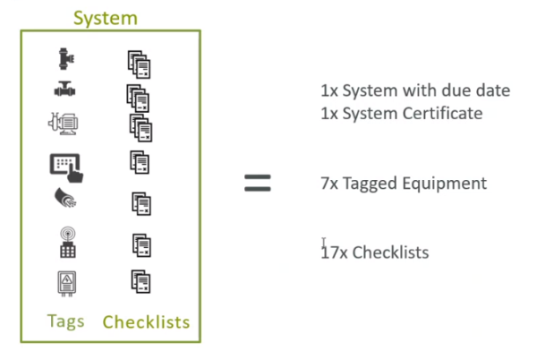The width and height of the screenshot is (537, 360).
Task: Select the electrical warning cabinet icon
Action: [65, 282]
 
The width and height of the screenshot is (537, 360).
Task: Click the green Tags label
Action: [65, 320]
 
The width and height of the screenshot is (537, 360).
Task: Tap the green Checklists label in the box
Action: [146, 321]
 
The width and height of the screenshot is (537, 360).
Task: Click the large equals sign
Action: [258, 184]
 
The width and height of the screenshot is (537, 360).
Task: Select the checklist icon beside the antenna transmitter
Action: [141, 244]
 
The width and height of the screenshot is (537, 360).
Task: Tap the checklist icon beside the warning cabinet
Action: [140, 281]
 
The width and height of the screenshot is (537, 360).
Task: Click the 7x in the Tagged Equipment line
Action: [329, 184]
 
